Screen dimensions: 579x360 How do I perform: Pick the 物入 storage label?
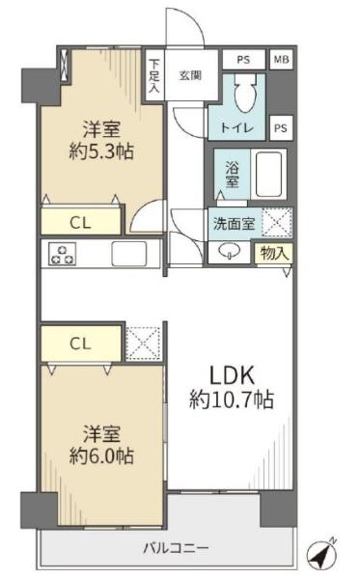274,253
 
